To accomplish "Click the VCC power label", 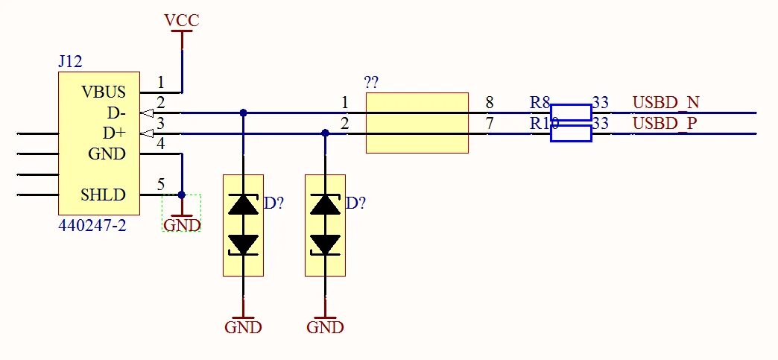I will click(182, 21).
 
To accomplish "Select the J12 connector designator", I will click(70, 62).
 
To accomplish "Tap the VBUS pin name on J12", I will click(104, 92).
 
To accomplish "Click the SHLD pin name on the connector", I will click(103, 196).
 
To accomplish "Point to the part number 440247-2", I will click(92, 224).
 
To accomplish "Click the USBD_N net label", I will click(665, 103).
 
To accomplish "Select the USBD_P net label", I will click(665, 123).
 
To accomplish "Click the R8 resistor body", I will click(571, 113).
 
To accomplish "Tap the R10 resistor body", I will click(571, 133).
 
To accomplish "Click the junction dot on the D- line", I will click(243, 113).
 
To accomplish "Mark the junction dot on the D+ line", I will click(325, 133).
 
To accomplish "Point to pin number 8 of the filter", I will click(489, 103).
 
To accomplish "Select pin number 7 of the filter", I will click(489, 123).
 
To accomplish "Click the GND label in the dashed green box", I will click(182, 224).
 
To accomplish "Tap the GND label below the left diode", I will click(243, 327).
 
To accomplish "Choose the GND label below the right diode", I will click(325, 327).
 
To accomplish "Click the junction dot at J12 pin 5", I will click(182, 195).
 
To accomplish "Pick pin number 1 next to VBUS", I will click(160, 82).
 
